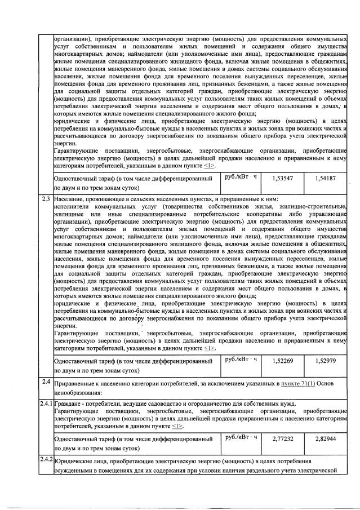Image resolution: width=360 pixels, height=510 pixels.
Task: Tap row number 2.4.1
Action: point(46,403)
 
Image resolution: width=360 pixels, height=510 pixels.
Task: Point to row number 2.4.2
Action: point(46,459)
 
